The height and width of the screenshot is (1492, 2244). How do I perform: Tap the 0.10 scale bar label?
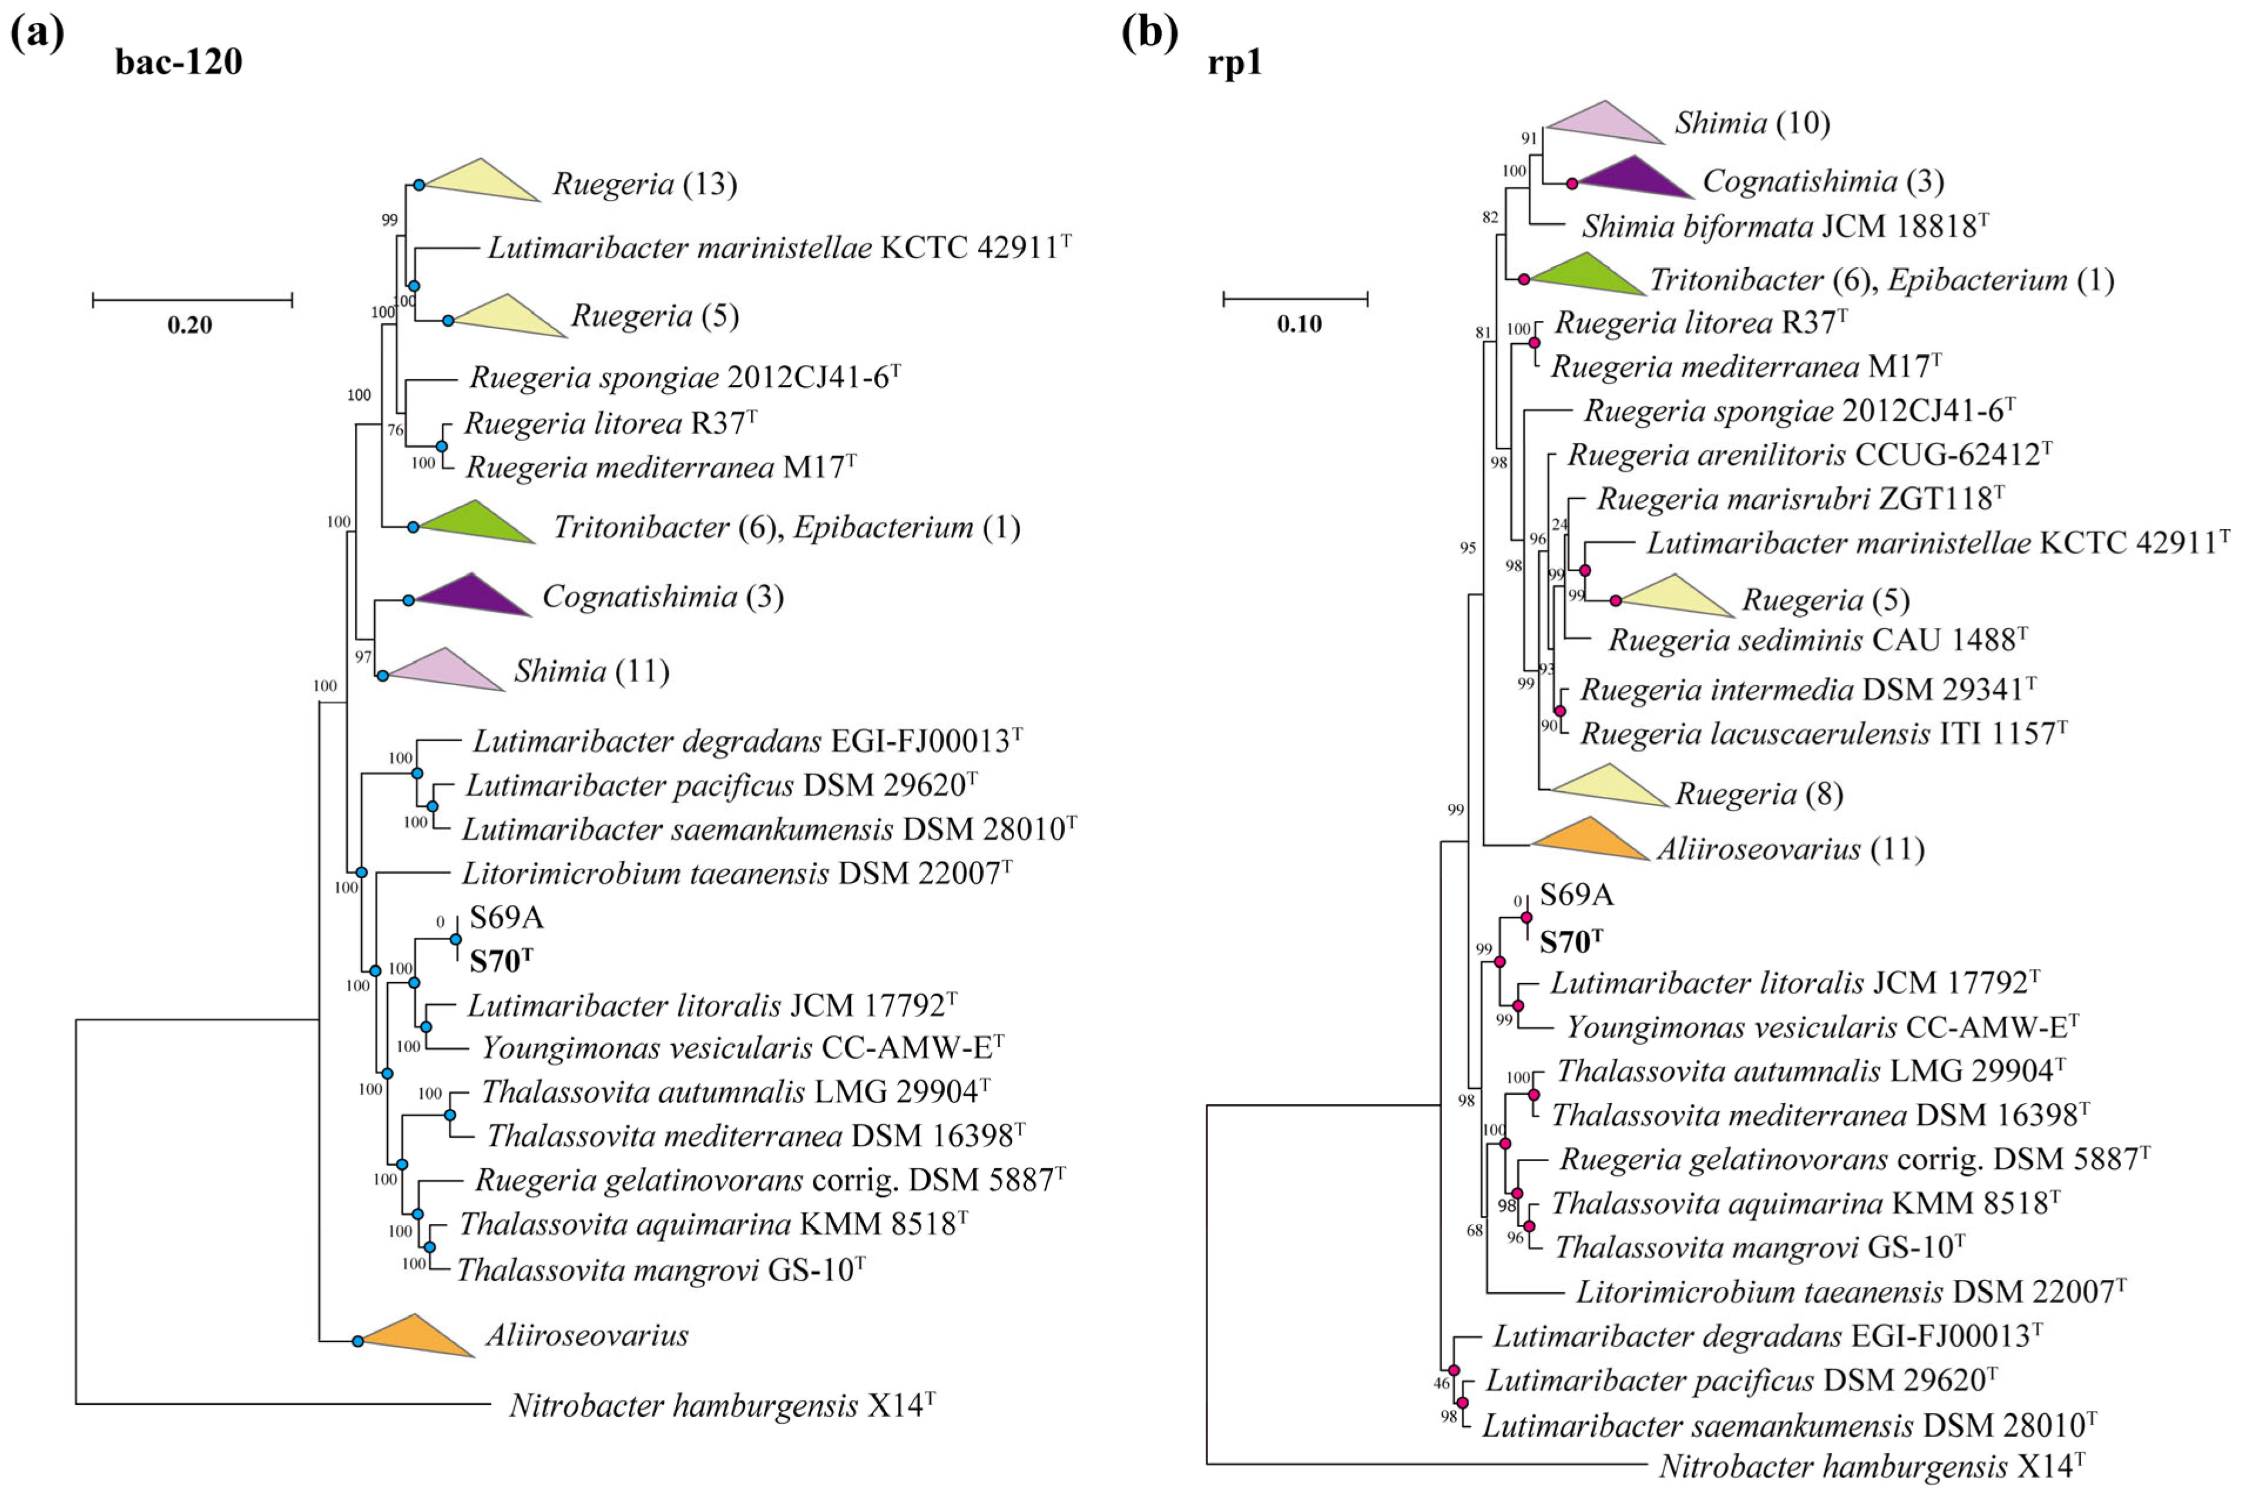[x=1299, y=324]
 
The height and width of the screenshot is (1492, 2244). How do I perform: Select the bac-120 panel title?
[x=178, y=62]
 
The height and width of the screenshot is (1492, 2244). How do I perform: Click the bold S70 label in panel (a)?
[x=501, y=961]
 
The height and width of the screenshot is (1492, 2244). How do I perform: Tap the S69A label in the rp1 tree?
[x=1576, y=894]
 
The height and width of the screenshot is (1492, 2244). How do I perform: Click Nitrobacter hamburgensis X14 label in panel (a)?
[x=721, y=1406]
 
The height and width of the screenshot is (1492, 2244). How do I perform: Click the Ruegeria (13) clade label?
[x=644, y=184]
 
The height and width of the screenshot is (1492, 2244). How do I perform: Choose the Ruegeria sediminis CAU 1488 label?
[x=1817, y=639]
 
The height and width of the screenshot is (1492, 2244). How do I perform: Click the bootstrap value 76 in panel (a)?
[x=395, y=430]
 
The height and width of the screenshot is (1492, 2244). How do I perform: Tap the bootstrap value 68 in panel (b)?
[x=1474, y=1231]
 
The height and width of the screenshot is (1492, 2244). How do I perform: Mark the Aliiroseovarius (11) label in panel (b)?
[x=1790, y=849]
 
